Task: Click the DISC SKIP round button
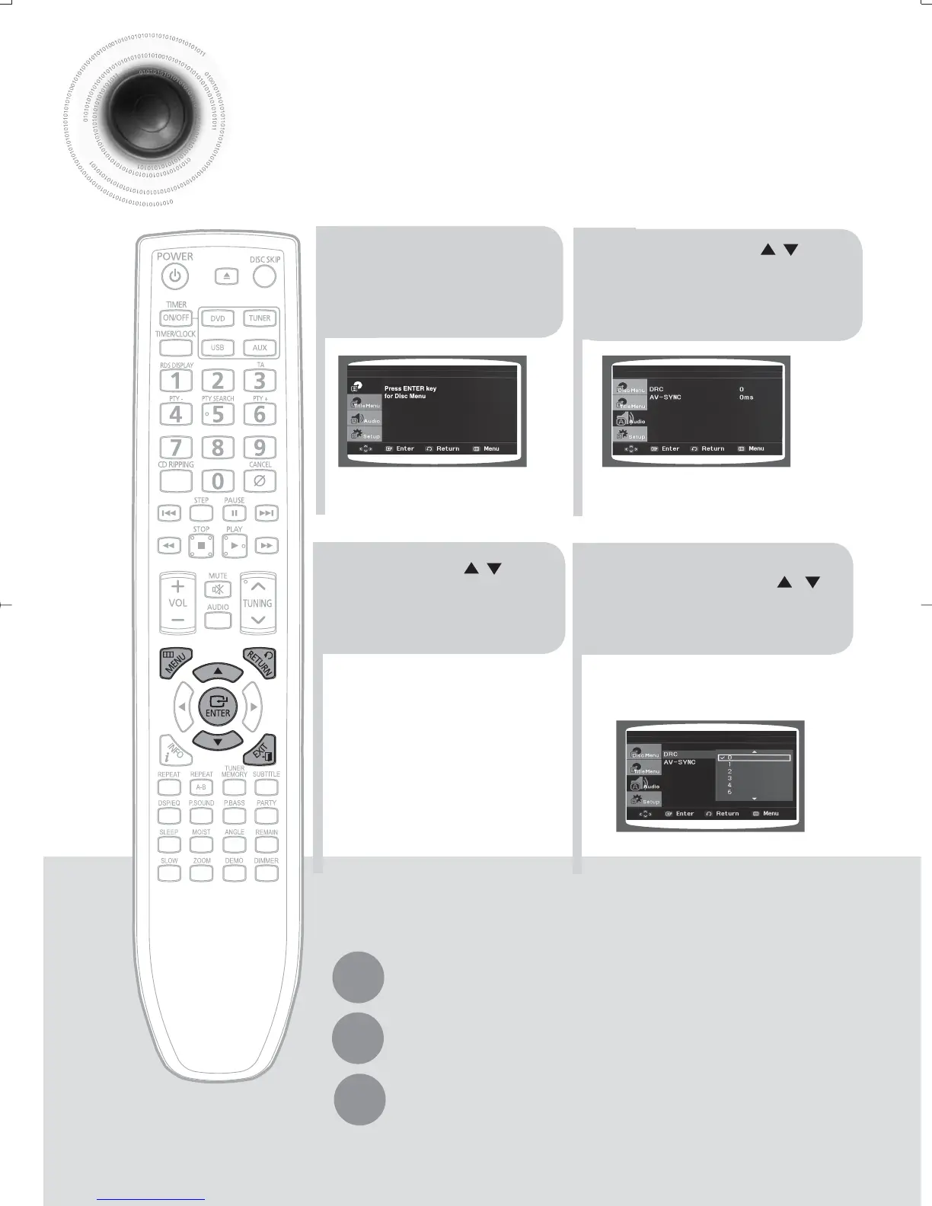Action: click(x=264, y=276)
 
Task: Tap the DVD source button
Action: click(x=218, y=319)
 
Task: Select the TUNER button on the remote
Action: click(x=260, y=318)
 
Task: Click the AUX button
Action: click(x=260, y=348)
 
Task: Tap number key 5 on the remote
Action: click(x=219, y=415)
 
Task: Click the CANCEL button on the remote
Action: click(x=260, y=481)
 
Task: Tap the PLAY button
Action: click(x=235, y=546)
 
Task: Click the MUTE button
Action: click(x=218, y=590)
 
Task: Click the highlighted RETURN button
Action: click(x=260, y=662)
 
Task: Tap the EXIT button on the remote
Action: click(x=260, y=751)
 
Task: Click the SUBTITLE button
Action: click(x=267, y=787)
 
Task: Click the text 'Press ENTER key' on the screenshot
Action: click(x=410, y=388)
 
